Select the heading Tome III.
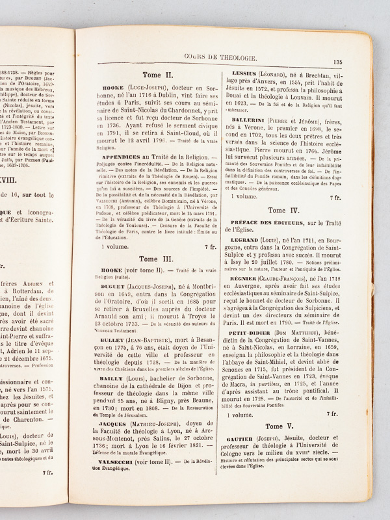[154, 259]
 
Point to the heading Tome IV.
[284, 210]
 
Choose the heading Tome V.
[283, 425]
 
